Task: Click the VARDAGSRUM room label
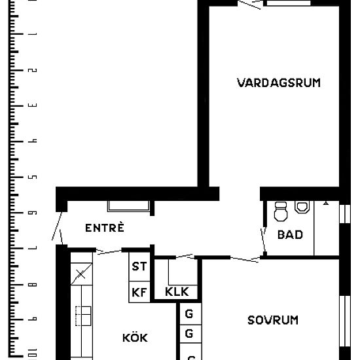[279, 82]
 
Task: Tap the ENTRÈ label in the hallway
[105, 228]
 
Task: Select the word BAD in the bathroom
[290, 234]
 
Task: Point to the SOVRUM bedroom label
[273, 320]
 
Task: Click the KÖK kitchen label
[135, 338]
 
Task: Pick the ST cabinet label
[139, 266]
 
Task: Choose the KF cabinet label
[139, 292]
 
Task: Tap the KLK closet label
[177, 292]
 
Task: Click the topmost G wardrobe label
[189, 314]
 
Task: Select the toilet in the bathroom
[281, 211]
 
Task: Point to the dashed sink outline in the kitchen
[82, 316]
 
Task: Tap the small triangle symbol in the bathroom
[326, 204]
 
